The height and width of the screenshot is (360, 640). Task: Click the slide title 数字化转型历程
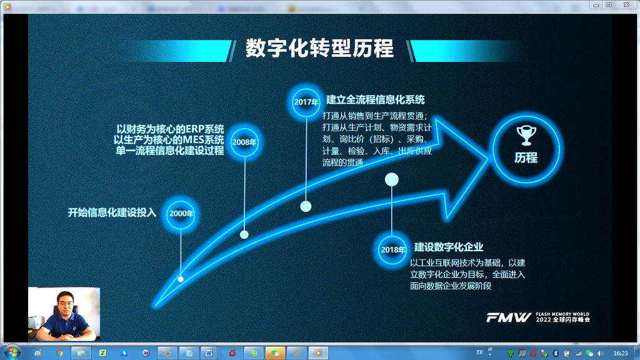319,49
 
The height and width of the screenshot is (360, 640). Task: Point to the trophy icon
526,135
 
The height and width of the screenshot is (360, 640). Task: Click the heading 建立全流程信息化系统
375,99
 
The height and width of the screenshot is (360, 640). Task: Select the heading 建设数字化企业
449,247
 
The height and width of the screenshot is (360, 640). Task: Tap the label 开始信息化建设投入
112,212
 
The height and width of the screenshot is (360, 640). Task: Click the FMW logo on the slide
509,317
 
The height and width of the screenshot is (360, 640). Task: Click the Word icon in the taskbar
209,353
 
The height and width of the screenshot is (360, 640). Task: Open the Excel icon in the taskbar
102,353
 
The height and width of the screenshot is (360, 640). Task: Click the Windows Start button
12,352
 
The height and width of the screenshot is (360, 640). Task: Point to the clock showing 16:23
621,353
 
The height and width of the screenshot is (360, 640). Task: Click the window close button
626,5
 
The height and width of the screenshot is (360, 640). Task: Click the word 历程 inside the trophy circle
526,158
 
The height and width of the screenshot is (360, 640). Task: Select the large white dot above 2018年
392,179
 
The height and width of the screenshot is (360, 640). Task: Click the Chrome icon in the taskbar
59,353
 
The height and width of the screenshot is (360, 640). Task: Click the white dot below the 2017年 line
306,206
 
